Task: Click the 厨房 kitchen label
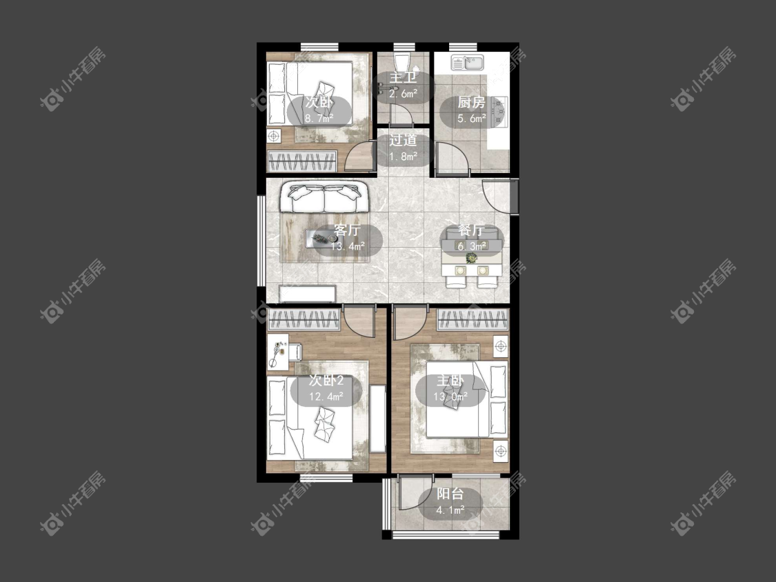point(471,103)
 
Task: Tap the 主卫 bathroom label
point(403,78)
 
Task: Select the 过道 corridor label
point(402,140)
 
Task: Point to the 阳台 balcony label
point(450,494)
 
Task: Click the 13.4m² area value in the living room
point(348,245)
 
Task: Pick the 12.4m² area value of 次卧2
point(326,397)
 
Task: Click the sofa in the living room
point(324,197)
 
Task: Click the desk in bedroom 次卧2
point(278,352)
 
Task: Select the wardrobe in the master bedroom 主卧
point(472,319)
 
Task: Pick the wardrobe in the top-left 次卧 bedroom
point(302,161)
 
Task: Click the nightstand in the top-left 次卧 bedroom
point(274,135)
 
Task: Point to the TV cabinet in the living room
point(308,294)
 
